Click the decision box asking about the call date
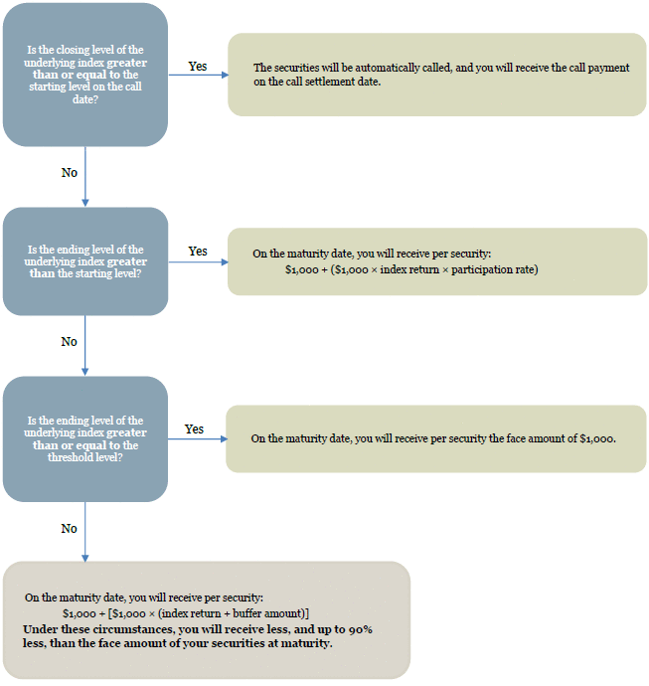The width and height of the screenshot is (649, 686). [85, 75]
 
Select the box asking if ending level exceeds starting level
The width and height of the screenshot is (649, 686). [85, 261]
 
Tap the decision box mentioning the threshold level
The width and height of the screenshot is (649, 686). [85, 438]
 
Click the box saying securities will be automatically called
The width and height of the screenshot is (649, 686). [437, 75]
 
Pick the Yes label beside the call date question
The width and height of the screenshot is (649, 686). [198, 66]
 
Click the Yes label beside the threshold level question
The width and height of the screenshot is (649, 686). [194, 429]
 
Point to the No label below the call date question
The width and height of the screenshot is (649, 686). [70, 172]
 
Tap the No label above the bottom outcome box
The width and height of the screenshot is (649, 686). [70, 529]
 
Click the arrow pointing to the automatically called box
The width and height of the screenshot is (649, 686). [199, 75]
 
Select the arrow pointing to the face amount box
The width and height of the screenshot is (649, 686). [198, 438]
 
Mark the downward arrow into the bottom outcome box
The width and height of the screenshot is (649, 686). [85, 532]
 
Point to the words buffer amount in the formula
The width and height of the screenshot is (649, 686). [268, 613]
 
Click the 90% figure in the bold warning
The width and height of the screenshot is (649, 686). [361, 629]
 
